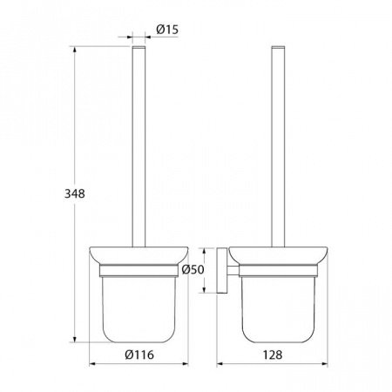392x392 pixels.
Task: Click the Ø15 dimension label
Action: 167,30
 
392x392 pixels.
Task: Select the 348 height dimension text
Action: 75,193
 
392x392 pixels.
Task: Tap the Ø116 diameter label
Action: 139,355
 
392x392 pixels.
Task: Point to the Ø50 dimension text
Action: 193,270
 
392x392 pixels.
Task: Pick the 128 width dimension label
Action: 273,355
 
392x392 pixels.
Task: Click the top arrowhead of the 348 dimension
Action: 75,50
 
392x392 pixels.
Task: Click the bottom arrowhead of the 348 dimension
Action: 75,339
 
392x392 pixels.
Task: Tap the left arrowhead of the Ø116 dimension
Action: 92,363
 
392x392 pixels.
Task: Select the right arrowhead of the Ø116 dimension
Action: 185,363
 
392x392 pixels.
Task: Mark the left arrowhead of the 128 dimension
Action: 220,363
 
